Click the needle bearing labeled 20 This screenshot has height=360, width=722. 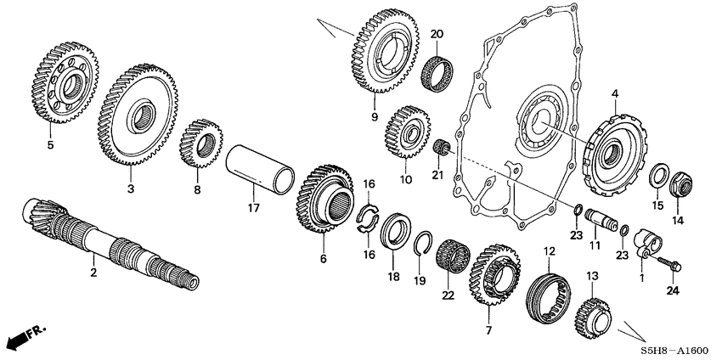437,65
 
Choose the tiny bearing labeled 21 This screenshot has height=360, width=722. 441,150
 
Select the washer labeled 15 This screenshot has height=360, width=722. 657,177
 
